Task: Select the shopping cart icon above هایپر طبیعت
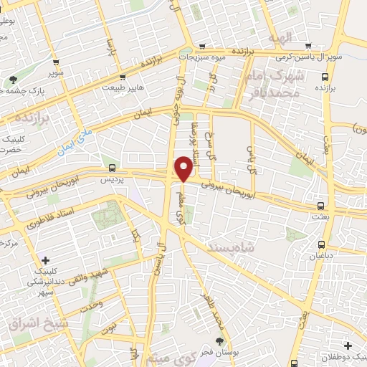123,77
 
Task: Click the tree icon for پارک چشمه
14,79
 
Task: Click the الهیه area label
277,37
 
